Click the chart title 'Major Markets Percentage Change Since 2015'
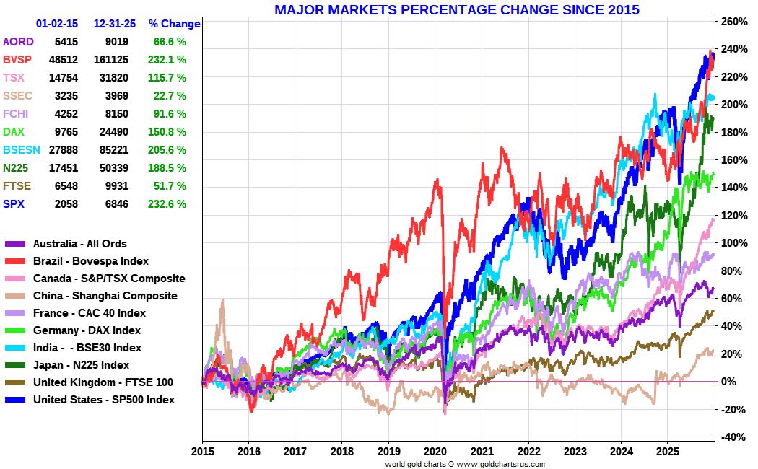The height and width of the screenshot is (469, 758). [456, 9]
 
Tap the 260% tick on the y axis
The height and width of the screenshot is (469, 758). [733, 22]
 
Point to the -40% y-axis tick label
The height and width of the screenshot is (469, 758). [733, 437]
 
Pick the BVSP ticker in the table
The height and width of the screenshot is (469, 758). [17, 60]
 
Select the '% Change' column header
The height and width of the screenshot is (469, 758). [174, 24]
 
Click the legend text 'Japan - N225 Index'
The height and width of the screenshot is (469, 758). [81, 365]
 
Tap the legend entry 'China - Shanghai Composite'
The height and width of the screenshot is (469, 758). [105, 296]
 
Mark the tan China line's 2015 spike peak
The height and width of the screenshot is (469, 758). [222, 299]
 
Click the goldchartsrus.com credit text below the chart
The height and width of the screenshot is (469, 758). [465, 464]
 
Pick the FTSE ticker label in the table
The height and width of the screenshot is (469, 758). [17, 186]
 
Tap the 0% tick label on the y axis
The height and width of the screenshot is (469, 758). [730, 382]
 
